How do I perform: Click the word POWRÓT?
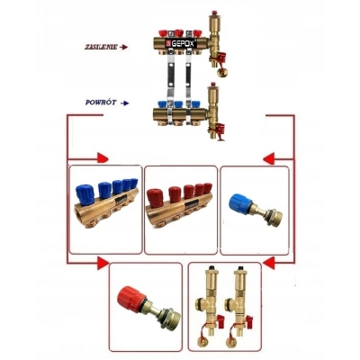(101, 103)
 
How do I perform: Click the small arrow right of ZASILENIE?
(123, 47)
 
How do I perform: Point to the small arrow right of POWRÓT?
(124, 103)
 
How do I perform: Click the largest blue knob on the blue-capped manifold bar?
(85, 194)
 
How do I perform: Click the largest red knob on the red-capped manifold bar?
(157, 198)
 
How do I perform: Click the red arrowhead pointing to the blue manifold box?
(103, 157)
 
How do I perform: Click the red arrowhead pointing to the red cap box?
(103, 264)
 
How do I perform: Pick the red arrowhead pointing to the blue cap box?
(269, 158)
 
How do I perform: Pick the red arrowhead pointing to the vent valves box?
(269, 264)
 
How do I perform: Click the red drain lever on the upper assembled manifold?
(221, 57)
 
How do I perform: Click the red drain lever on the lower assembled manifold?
(221, 130)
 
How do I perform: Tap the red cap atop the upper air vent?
(214, 13)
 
